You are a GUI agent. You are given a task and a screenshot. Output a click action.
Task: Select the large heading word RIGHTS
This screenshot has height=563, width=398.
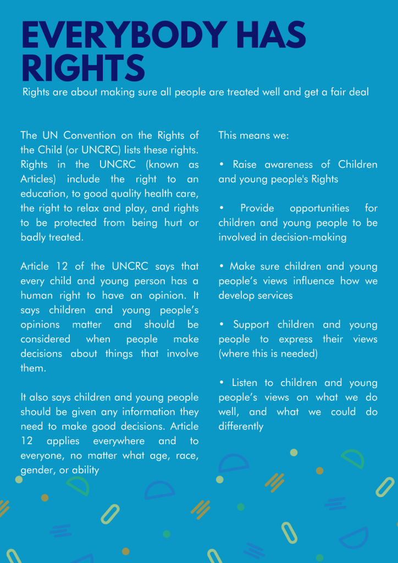[82, 69]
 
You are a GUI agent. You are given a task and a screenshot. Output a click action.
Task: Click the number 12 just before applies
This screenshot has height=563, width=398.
[27, 441]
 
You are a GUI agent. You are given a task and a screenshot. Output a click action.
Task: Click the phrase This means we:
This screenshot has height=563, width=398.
[246, 135]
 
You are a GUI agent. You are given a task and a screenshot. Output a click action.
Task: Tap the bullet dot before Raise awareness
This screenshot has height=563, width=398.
[221, 165]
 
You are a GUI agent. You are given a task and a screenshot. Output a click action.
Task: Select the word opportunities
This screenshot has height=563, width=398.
[319, 208]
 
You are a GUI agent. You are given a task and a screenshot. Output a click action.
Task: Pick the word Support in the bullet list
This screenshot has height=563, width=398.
[252, 324]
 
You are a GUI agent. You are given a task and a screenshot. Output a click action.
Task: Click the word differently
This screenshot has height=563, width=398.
[241, 426]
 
